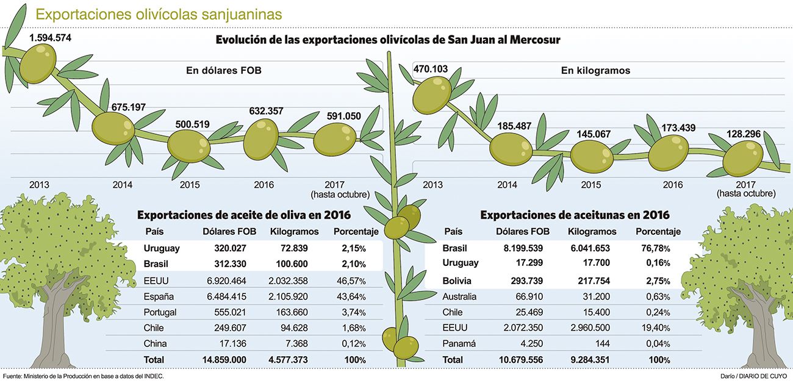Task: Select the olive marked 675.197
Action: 113,127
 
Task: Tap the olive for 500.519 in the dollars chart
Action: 188,146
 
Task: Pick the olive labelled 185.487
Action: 511,149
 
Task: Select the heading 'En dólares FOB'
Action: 223,70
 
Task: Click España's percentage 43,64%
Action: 350,296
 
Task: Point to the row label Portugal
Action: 160,312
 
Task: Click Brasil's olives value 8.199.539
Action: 518,248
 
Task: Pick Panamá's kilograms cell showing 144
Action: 604,344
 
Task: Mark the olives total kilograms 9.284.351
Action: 592,360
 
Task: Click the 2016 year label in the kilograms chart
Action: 672,185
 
